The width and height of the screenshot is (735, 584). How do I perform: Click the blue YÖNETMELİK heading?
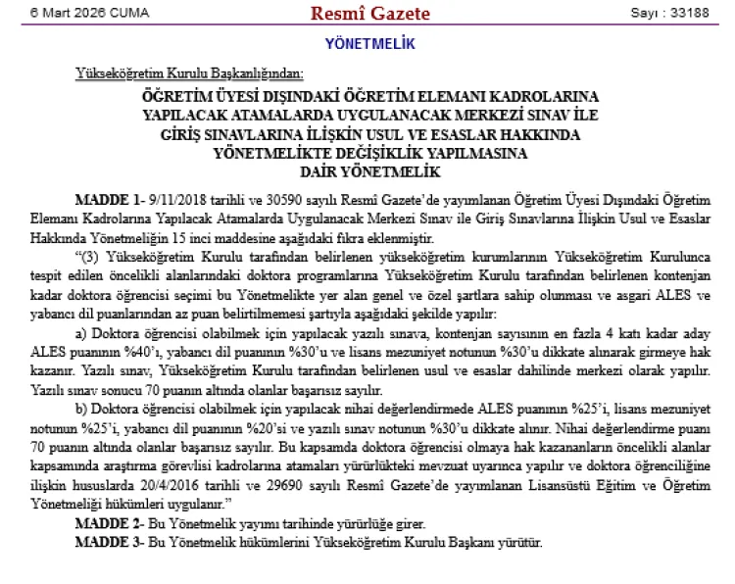pos(369,44)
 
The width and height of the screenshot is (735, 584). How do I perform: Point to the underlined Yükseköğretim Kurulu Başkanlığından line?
pos(189,73)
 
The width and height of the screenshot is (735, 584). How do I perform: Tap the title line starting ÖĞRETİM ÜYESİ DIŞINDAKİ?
pos(369,99)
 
